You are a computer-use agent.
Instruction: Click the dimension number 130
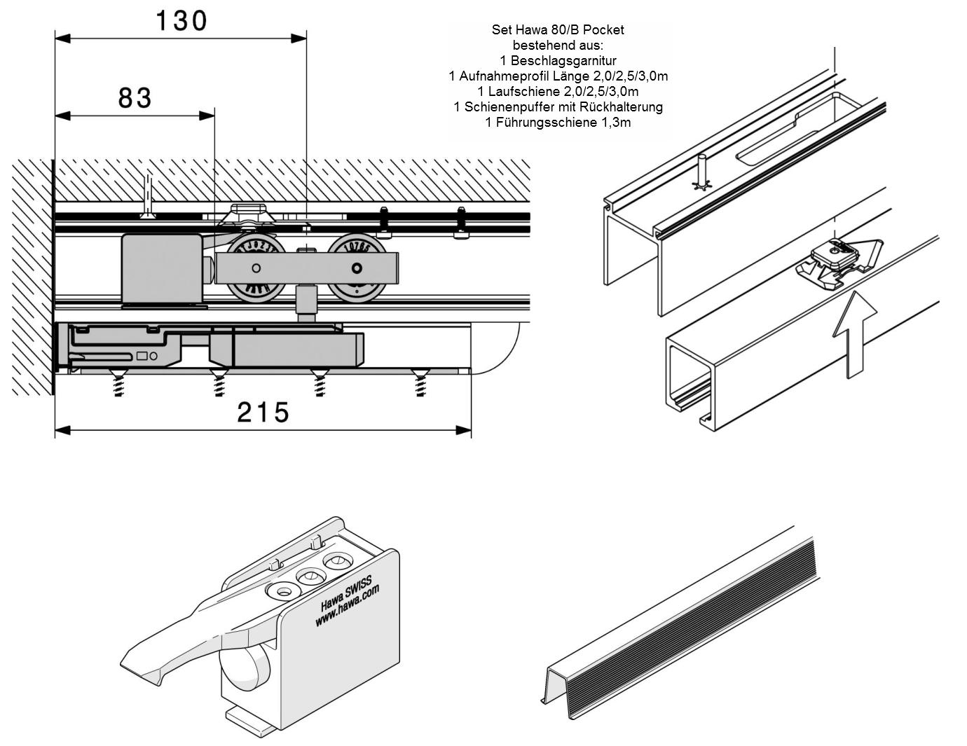point(181,21)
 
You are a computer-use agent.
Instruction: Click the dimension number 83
point(135,98)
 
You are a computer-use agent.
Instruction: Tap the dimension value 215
point(263,413)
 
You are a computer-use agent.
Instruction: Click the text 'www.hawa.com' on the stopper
point(348,607)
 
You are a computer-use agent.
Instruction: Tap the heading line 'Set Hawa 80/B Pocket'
point(558,29)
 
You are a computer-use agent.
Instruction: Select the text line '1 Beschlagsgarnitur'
point(558,60)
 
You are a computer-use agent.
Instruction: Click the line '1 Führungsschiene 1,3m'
point(558,122)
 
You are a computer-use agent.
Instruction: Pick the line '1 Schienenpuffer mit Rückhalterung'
point(558,106)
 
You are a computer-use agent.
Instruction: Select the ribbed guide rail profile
point(680,630)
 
